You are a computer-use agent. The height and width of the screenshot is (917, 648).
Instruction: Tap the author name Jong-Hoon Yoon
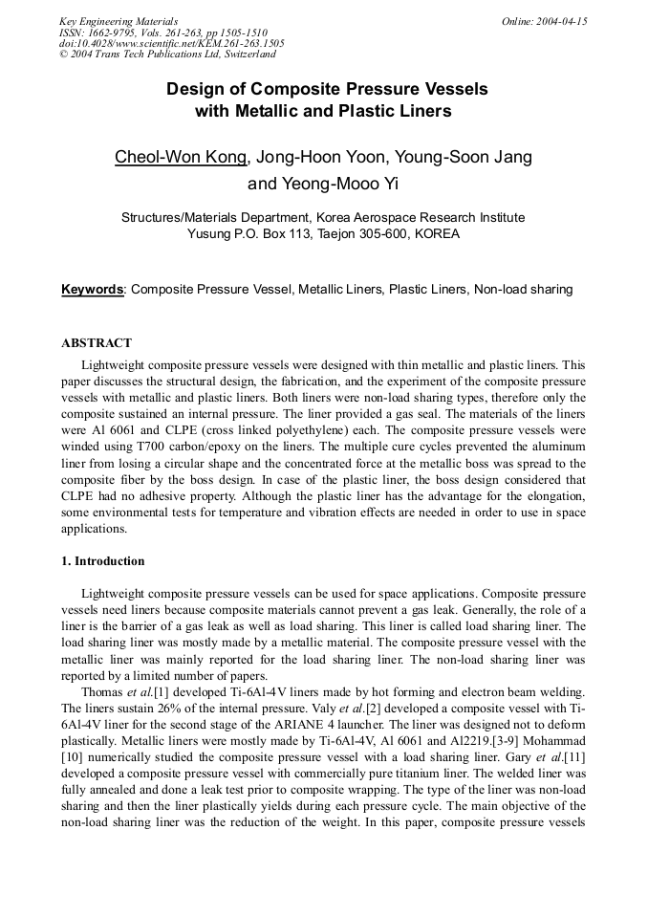coord(312,157)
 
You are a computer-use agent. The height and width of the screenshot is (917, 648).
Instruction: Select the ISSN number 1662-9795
coord(109,32)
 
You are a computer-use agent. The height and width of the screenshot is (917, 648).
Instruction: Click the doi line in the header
coord(171,43)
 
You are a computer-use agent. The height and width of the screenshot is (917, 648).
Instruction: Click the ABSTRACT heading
coord(97,342)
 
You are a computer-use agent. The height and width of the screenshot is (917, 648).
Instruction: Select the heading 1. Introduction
coord(103,560)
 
